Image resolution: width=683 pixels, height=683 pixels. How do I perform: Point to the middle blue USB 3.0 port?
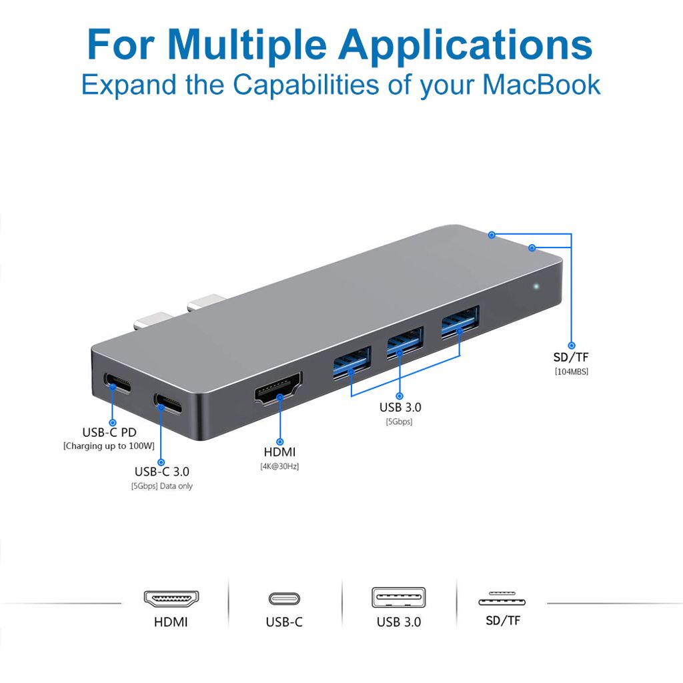coord(404,342)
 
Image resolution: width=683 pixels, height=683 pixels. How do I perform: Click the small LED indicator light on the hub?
coord(536,287)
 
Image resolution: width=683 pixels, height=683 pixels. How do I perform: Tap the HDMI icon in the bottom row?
coord(171,598)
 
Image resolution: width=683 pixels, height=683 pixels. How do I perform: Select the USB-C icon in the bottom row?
coord(284,598)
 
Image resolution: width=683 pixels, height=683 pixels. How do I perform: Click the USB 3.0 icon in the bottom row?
coord(398,597)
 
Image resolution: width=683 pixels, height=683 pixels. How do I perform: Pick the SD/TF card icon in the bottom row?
coord(502,598)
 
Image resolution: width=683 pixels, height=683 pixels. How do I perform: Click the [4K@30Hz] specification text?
coord(279,467)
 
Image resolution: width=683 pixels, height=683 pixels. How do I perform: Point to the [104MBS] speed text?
coord(571,371)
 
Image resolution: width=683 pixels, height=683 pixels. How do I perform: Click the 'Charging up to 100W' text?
coord(109,446)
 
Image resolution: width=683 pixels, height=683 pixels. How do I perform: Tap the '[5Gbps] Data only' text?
coord(161,486)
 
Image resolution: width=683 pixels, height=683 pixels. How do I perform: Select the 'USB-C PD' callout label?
coord(109,432)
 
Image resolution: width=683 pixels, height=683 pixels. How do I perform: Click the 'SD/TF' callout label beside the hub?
coord(571,356)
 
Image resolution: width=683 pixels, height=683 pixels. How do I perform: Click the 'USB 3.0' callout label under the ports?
coord(400,407)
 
